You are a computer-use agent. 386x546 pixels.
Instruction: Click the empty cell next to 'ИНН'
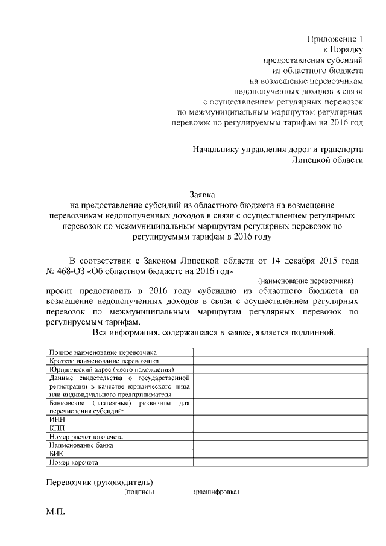278,418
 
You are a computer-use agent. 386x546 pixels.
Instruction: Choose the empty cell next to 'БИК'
278,454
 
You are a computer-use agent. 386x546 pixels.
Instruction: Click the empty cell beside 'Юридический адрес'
278,369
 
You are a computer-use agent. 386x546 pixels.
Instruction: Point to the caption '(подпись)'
139,492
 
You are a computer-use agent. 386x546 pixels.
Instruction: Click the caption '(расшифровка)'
216,492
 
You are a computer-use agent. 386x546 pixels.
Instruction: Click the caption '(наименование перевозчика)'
305,281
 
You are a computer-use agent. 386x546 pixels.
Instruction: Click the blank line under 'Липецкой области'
281,173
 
